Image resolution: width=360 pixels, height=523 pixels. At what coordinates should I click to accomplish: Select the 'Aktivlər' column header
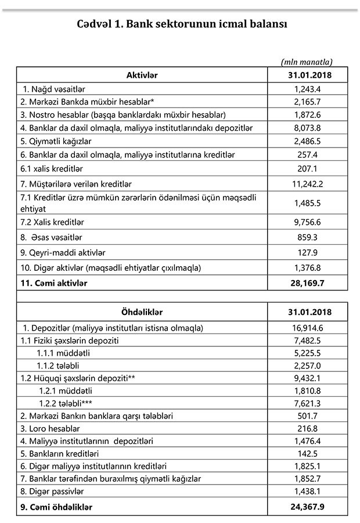pyautogui.click(x=142, y=75)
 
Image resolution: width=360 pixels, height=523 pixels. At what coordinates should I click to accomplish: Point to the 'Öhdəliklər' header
pyautogui.click(x=142, y=311)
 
